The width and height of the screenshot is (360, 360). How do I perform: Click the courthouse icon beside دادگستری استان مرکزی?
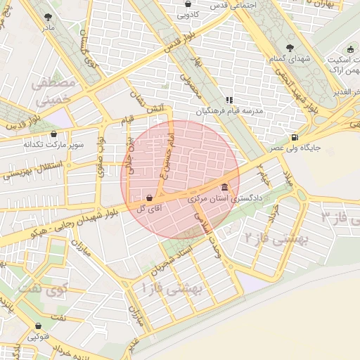tap(224, 187)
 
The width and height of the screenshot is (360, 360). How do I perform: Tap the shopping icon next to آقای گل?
tap(149, 198)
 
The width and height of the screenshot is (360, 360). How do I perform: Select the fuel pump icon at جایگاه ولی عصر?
tap(293, 136)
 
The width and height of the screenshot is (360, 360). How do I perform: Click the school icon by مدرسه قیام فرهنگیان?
tap(229, 100)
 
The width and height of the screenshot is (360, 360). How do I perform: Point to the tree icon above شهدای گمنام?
tap(290, 48)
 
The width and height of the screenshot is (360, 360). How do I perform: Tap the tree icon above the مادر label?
tap(48, 16)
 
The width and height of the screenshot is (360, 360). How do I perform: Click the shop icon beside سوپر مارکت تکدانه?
tap(53, 134)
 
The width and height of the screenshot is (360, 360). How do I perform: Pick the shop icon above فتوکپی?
tap(38, 326)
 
